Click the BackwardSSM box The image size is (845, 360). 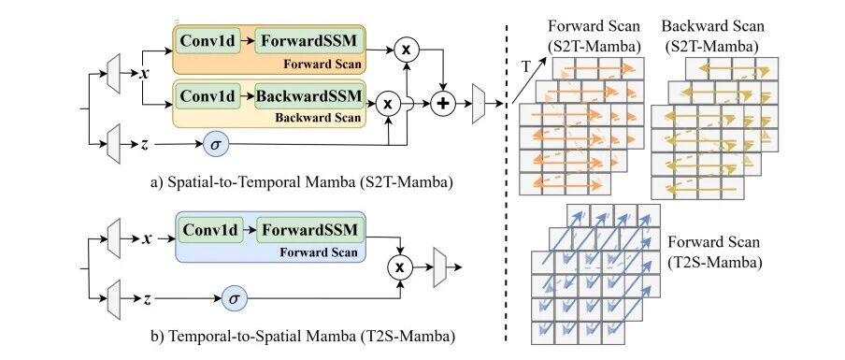coord(308,96)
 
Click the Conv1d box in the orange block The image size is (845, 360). coord(208,41)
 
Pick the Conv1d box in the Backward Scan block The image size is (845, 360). coord(208,96)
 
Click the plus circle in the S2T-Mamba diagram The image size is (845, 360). coord(443,104)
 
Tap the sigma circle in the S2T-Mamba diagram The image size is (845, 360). coord(216,144)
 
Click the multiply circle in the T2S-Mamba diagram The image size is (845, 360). coord(400,266)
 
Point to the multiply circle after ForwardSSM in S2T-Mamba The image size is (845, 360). coord(408,50)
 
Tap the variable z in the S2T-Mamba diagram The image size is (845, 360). coord(145,144)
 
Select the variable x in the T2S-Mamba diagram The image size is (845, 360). coord(146,238)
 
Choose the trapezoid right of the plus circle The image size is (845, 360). coord(479,104)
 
